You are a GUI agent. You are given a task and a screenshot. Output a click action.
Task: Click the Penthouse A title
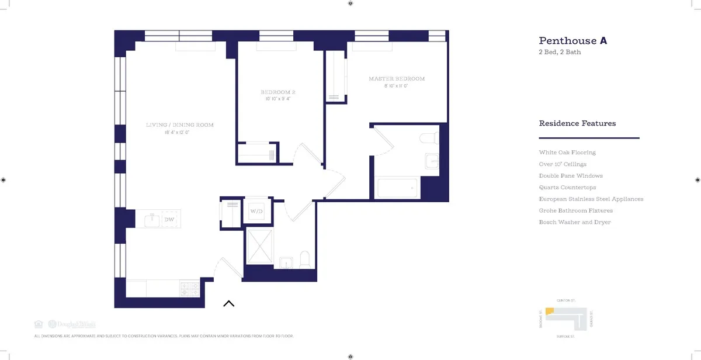pyautogui.click(x=572, y=41)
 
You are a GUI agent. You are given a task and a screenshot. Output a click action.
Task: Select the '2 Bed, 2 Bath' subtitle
pyautogui.click(x=560, y=53)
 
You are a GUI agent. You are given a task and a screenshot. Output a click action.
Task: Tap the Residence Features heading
pyautogui.click(x=577, y=124)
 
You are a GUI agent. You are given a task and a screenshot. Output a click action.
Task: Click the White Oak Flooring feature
pyautogui.click(x=567, y=153)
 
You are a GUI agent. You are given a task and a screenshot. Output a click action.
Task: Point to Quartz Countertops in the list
pyautogui.click(x=567, y=188)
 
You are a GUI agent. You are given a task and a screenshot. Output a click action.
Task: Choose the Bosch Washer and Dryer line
pyautogui.click(x=575, y=222)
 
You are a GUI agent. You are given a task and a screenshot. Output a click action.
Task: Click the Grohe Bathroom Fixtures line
pyautogui.click(x=575, y=210)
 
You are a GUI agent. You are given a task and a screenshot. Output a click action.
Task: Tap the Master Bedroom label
pyautogui.click(x=396, y=79)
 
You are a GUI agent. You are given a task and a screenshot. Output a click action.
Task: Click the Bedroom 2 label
pyautogui.click(x=277, y=92)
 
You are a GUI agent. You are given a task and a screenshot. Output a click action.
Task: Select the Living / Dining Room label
pyautogui.click(x=179, y=125)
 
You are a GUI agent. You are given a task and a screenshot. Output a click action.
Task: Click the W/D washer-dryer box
pyautogui.click(x=256, y=210)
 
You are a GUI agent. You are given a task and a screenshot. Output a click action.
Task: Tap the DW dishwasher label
pyautogui.click(x=169, y=220)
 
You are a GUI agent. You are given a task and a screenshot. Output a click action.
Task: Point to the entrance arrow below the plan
pyautogui.click(x=228, y=303)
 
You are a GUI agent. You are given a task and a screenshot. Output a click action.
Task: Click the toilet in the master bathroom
pyautogui.click(x=428, y=138)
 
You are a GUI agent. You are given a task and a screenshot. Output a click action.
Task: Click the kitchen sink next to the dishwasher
pyautogui.click(x=153, y=220)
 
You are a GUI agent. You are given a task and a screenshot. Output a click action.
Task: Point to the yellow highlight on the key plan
pyautogui.click(x=549, y=312)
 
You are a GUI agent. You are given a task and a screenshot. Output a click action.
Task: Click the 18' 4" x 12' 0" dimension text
pyautogui.click(x=177, y=133)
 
